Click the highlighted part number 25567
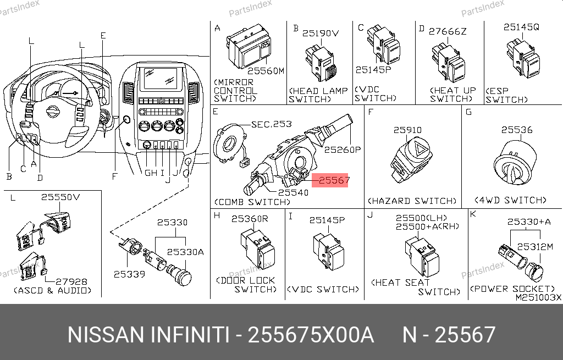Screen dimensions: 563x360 334,180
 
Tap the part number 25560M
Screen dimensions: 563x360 266,71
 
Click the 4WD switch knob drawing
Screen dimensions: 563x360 515,163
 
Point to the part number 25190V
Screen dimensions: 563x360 321,33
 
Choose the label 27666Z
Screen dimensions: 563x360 448,31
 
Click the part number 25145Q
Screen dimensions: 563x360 521,27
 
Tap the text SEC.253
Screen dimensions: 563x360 272,124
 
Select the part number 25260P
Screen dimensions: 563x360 343,149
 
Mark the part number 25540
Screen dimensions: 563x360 293,192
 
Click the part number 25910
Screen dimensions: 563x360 407,130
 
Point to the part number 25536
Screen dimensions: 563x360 517,130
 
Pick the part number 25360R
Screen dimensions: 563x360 250,219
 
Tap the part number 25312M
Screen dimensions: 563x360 535,247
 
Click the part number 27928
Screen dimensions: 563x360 71,281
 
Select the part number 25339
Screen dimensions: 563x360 129,274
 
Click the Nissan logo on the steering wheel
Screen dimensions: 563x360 53,112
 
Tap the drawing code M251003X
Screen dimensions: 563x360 538,297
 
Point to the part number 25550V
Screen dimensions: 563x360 60,197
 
